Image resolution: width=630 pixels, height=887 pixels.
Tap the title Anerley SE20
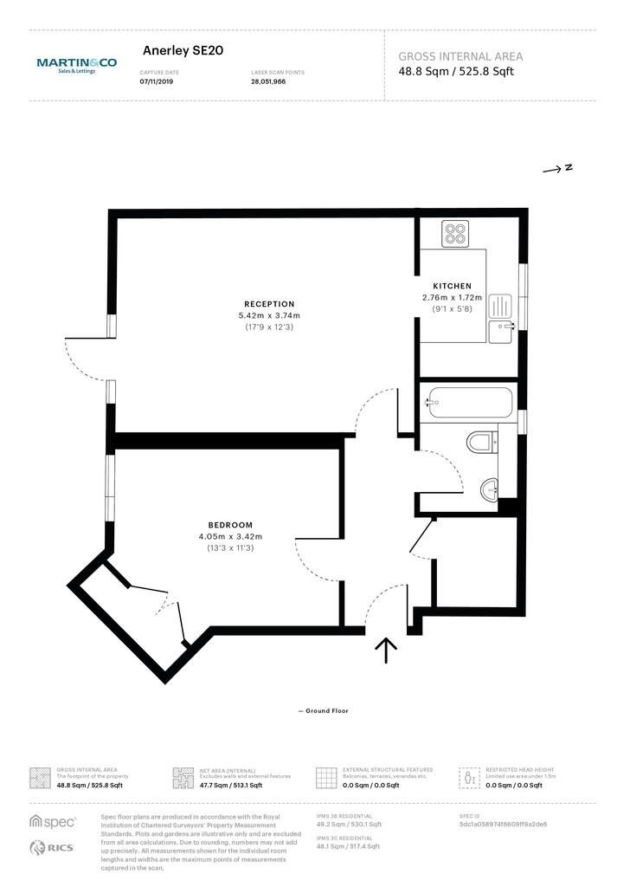coord(183,51)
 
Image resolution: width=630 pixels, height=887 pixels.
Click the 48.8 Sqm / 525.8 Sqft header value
coord(456,71)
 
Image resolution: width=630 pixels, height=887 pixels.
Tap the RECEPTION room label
coord(269,303)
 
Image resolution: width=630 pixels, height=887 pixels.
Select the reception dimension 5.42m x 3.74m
coord(269,315)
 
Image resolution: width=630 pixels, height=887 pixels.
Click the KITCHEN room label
coord(452,286)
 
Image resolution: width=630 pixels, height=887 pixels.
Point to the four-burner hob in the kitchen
coord(455,234)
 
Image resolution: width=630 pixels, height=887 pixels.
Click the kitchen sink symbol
coord(500,330)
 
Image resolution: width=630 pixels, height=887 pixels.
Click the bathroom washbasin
coord(490,490)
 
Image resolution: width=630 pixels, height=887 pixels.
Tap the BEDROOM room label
coord(230,525)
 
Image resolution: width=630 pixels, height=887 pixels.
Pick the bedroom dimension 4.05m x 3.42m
coord(230,537)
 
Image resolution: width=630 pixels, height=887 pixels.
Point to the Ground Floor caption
coord(324,711)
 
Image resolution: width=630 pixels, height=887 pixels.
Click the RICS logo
coord(53,847)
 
